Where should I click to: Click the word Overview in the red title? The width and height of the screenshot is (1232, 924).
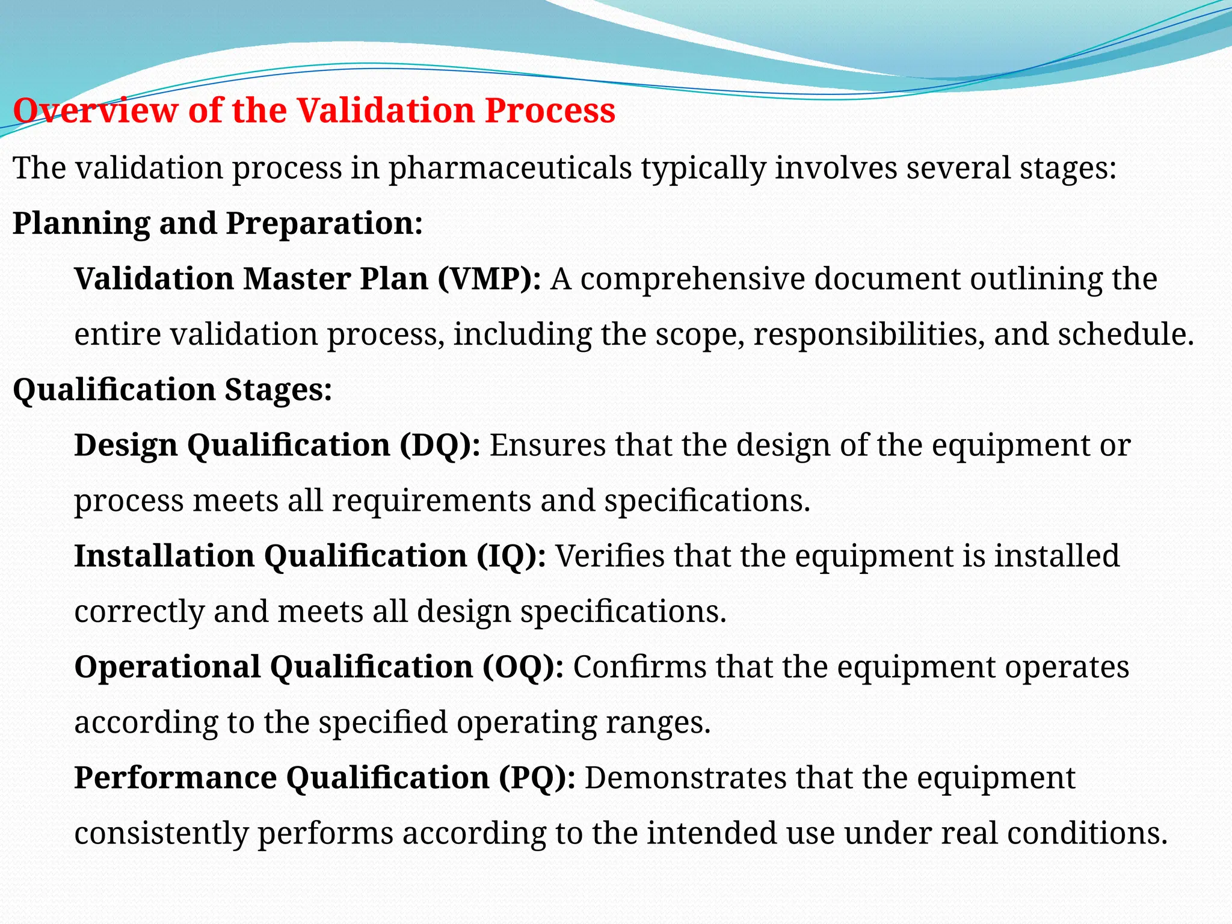click(96, 111)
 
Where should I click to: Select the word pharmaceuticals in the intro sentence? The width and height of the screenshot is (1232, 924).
click(510, 168)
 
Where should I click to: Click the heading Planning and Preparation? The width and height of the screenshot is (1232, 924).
click(218, 223)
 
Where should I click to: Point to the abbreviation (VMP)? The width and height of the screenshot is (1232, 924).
click(489, 279)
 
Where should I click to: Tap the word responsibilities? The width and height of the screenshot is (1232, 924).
click(869, 334)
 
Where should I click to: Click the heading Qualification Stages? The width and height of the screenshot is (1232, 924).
click(172, 390)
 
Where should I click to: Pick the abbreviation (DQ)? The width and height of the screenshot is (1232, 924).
click(440, 446)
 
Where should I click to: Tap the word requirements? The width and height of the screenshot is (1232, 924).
click(431, 501)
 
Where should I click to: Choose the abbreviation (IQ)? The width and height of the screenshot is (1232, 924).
click(511, 556)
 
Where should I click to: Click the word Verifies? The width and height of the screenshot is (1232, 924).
click(609, 556)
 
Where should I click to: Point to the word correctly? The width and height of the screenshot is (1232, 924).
click(140, 612)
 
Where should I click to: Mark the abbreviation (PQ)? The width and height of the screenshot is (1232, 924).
click(537, 778)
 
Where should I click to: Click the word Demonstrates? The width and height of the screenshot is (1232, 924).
click(685, 778)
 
